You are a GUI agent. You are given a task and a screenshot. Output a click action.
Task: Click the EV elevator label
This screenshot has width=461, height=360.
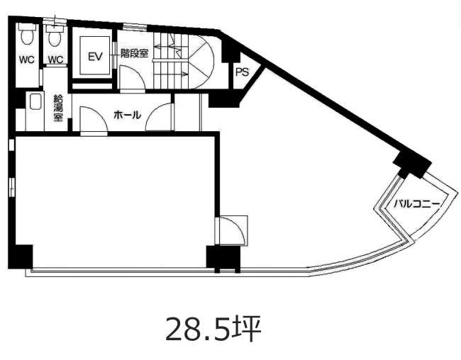click(x=95, y=57)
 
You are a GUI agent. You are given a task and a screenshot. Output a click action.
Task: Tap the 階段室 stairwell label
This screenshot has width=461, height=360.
click(x=134, y=53)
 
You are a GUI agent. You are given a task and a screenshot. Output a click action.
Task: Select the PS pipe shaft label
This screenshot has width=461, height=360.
click(x=243, y=72)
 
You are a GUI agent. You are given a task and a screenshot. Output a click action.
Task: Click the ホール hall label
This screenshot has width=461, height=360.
click(x=127, y=115)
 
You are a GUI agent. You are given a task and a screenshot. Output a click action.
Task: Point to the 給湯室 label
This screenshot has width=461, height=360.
click(x=58, y=108)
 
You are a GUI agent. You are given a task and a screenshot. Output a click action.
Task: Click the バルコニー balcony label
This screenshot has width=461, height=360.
click(x=416, y=203)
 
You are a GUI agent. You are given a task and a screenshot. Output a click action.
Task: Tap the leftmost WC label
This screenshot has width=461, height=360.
click(x=27, y=60)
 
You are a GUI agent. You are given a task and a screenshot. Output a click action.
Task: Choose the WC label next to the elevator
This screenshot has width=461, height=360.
click(x=55, y=60)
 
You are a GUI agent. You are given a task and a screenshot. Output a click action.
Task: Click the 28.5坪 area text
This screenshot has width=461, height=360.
click(x=213, y=329)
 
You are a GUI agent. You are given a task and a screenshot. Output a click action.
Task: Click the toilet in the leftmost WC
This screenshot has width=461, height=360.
click(x=27, y=34)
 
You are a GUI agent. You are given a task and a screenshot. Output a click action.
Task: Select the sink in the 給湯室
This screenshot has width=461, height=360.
click(x=35, y=101)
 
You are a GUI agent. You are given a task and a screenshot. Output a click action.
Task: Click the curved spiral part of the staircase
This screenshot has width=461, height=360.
click(x=201, y=61)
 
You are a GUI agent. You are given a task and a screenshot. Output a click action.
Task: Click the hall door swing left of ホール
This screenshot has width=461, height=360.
click(x=94, y=118)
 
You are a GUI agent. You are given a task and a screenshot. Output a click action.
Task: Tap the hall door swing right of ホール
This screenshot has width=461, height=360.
click(x=158, y=117)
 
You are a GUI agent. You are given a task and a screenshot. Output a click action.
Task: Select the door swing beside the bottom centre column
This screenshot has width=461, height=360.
click(x=232, y=230)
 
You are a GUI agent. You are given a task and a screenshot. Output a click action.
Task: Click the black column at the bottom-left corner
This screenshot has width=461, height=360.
click(x=21, y=257)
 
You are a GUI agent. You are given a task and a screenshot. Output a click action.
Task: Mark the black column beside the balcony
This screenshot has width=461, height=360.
click(x=412, y=164)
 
